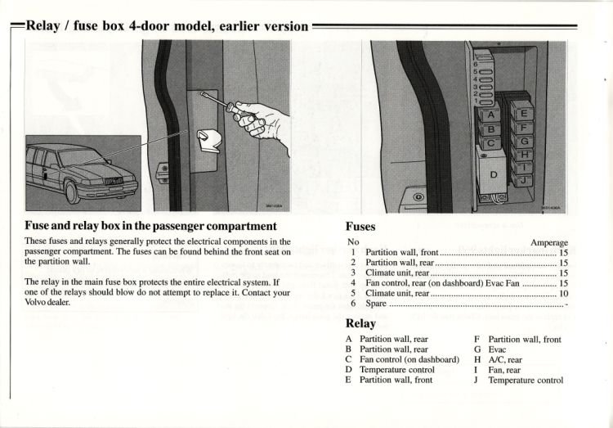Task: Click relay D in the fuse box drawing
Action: [x=493, y=174]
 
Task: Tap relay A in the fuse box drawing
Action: [x=490, y=115]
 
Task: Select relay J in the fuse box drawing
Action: [x=523, y=179]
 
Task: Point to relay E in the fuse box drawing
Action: [x=523, y=114]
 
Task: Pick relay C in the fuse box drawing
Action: [x=490, y=144]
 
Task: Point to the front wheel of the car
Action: [x=71, y=191]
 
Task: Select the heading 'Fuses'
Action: [x=360, y=226]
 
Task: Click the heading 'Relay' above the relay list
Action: [x=360, y=323]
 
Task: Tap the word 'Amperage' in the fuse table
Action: [x=548, y=243]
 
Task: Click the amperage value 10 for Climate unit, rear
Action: [x=563, y=292]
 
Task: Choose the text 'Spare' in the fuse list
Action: [x=377, y=303]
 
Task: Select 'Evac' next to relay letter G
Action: [x=497, y=349]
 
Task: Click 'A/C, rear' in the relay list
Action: [x=505, y=359]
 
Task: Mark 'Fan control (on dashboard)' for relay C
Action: [x=409, y=359]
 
